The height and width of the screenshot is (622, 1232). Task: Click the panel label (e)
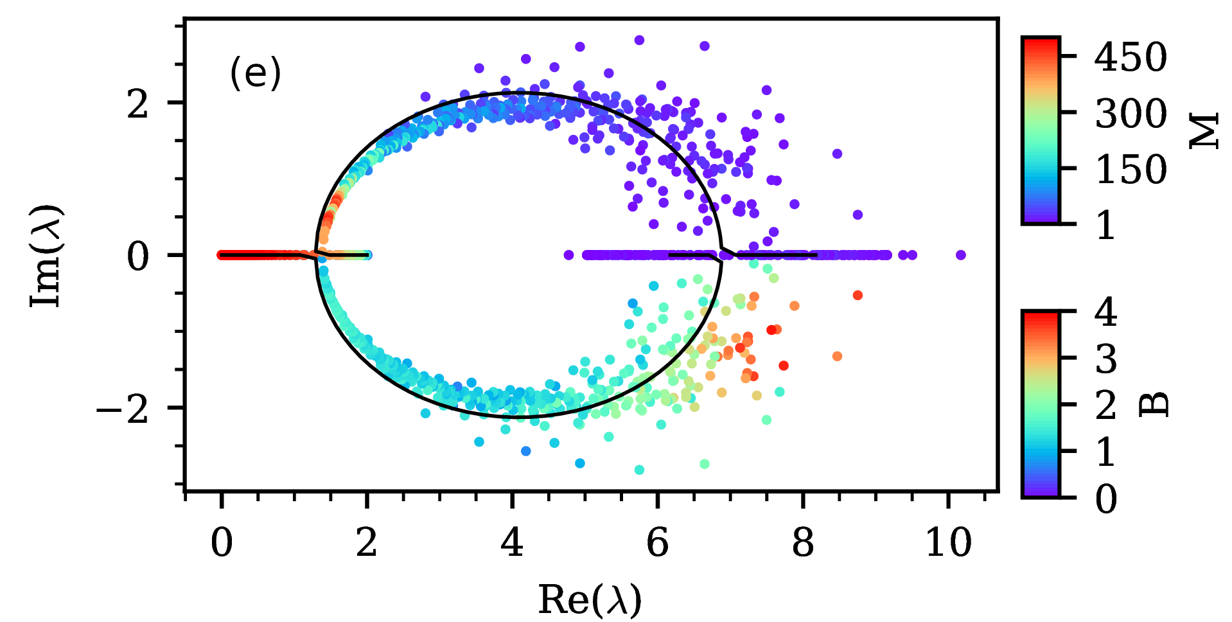[x=255, y=73]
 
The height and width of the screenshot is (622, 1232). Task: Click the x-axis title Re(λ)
[x=590, y=600]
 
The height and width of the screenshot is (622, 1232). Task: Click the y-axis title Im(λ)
[x=47, y=256]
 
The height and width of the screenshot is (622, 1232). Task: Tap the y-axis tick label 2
[x=137, y=103]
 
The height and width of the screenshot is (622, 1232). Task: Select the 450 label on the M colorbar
[x=1131, y=57]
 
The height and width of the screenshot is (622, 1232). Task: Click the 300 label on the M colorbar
[x=1131, y=114]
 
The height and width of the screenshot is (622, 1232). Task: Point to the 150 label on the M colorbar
[x=1131, y=170]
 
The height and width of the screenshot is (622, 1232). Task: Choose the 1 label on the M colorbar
[x=1106, y=226]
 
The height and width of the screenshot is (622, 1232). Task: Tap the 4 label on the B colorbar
[x=1106, y=312]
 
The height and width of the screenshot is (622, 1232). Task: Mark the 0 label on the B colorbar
[x=1106, y=498]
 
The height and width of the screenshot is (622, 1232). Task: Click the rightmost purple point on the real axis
[x=961, y=255]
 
